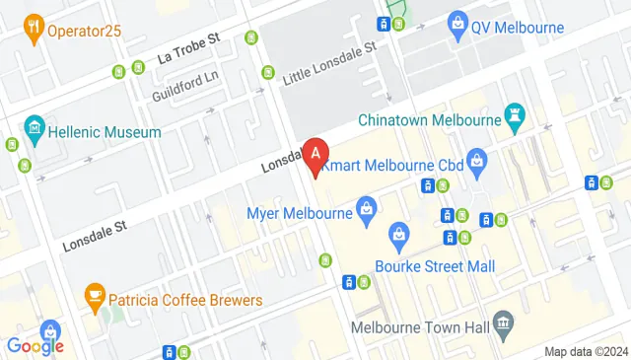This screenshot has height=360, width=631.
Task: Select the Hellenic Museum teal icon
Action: point(35,128)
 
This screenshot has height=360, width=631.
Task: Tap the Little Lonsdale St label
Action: point(330,62)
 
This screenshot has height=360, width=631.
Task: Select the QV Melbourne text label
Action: point(518,28)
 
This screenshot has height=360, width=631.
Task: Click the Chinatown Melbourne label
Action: point(446,120)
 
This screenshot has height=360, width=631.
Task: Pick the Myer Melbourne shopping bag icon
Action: point(366,209)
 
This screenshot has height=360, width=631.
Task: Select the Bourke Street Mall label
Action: point(435,266)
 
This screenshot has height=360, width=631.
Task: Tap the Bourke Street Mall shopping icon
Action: point(398,234)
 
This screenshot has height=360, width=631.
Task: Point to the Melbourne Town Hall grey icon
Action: point(503,322)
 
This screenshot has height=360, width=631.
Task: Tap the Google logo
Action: point(35,345)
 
